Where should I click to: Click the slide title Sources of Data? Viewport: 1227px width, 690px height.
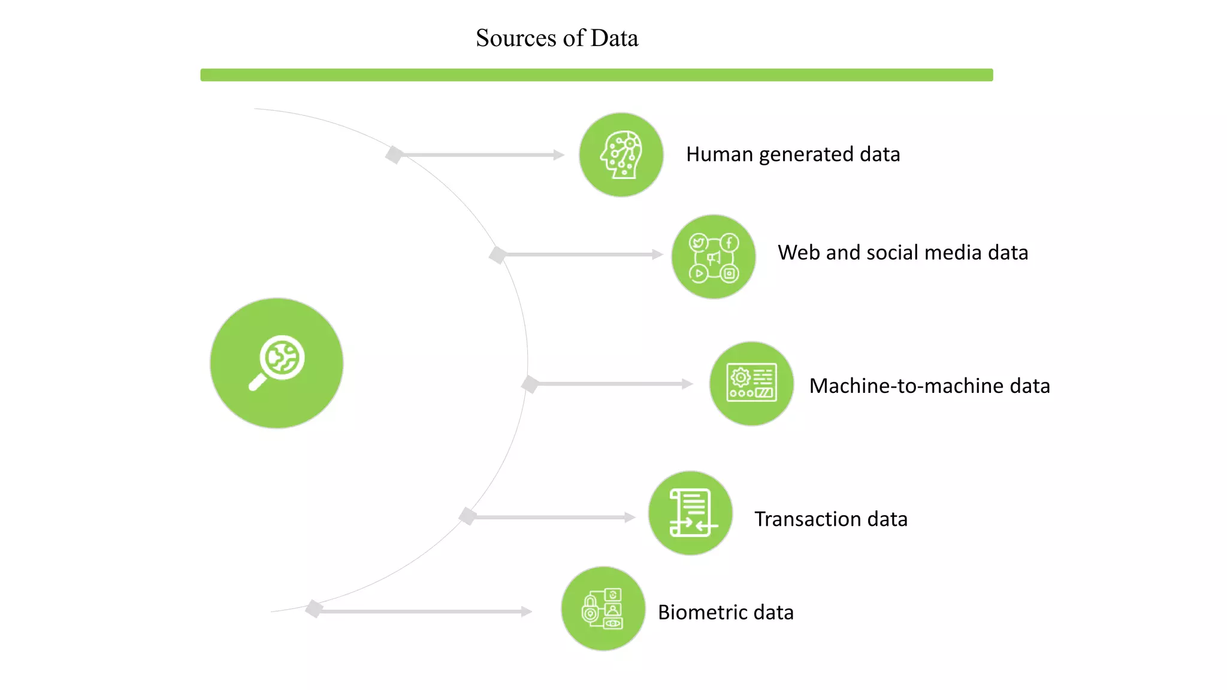click(x=557, y=38)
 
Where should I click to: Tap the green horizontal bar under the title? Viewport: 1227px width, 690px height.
click(x=596, y=75)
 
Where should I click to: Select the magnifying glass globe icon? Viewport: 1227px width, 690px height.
click(x=276, y=363)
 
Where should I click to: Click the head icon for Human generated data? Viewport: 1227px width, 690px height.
click(x=621, y=155)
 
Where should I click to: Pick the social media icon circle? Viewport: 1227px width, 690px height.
click(x=713, y=257)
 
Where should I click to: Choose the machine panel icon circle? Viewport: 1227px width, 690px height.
click(x=751, y=383)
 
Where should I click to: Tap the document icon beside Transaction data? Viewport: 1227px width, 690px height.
click(x=691, y=513)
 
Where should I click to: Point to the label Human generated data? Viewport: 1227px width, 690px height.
click(x=793, y=155)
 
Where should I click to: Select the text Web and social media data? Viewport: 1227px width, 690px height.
click(x=902, y=253)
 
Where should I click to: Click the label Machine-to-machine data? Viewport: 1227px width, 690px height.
click(x=929, y=386)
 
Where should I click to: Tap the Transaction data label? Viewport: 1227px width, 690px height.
click(x=830, y=519)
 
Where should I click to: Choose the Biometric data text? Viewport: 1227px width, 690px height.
click(x=726, y=612)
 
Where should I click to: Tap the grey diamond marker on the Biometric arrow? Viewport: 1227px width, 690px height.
click(x=314, y=609)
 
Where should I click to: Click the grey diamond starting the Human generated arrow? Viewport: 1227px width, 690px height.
click(x=394, y=155)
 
